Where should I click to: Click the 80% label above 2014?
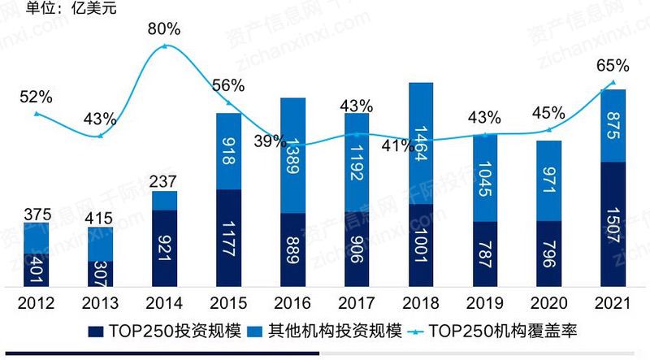(164, 29)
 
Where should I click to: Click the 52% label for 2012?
(36, 97)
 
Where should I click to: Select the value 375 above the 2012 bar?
(36, 215)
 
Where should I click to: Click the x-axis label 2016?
(292, 304)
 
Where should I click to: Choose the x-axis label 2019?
(484, 304)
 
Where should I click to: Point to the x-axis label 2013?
(100, 304)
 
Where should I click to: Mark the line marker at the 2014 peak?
(165, 46)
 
